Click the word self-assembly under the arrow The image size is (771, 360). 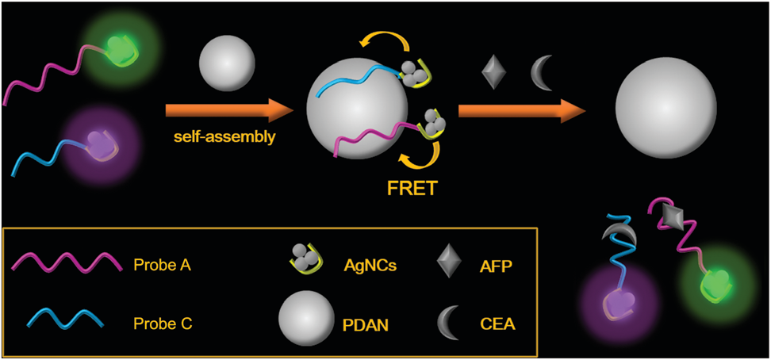pyautogui.click(x=224, y=137)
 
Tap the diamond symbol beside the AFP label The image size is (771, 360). pyautogui.click(x=451, y=261)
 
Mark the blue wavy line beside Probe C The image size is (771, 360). pyautogui.click(x=67, y=320)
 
